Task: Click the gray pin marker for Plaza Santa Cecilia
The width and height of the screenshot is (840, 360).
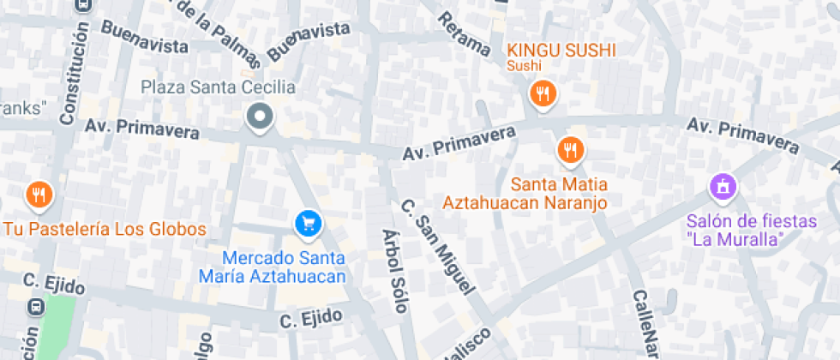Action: coord(259,117)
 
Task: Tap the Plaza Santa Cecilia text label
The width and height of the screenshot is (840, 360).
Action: coord(218,87)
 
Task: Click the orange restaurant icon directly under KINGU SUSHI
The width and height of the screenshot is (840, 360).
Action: coord(542,94)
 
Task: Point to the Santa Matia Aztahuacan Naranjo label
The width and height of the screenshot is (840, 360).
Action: coord(525,194)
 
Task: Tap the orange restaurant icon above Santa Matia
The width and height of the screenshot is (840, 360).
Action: coord(570,151)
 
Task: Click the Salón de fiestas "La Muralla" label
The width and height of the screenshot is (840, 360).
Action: coord(752,231)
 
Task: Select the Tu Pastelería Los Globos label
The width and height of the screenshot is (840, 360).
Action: coord(105,230)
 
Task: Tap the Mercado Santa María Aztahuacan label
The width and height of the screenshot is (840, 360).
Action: coord(284,267)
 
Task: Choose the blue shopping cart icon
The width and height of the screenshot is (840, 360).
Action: coord(307,225)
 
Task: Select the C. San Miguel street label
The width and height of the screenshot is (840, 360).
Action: coord(437,248)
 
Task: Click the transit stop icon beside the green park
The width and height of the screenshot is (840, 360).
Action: coord(37,306)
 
